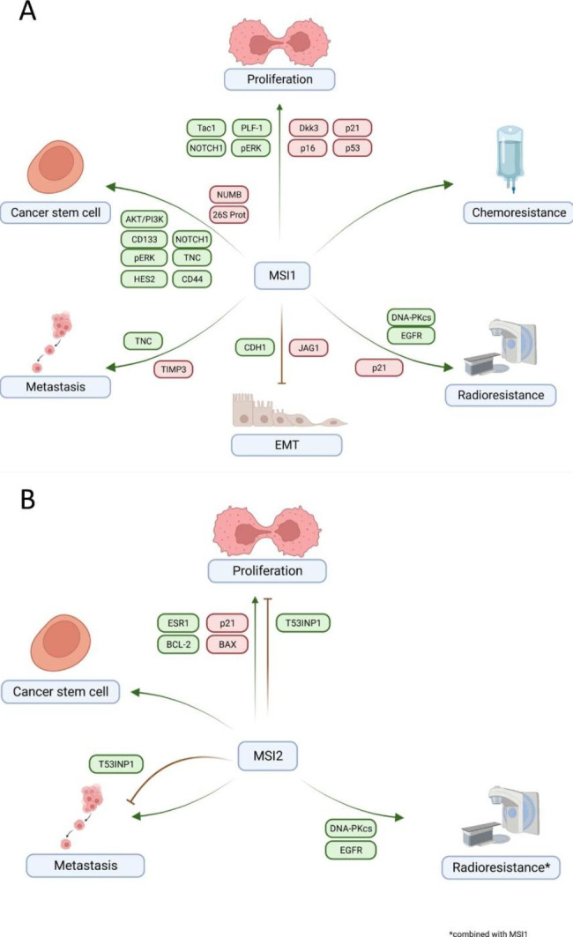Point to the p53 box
point(353,148)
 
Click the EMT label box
point(286,444)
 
